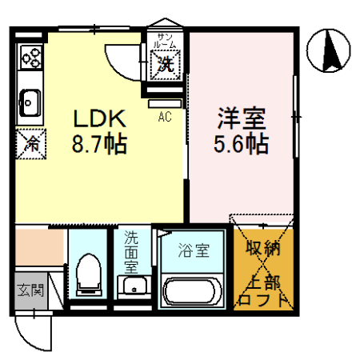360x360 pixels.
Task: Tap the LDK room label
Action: click(101, 119)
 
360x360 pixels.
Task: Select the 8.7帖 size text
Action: click(101, 146)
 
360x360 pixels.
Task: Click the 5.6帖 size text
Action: click(240, 146)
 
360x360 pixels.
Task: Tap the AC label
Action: click(165, 118)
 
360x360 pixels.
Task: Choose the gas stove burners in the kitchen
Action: click(31, 57)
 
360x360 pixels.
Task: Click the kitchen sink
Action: click(30, 101)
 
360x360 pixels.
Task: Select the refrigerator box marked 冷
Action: click(30, 143)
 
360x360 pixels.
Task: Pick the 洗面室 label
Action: click(130, 250)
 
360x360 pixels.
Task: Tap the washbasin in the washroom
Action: click(131, 286)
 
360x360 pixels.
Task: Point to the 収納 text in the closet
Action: click(263, 249)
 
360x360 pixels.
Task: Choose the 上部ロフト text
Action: click(263, 290)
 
